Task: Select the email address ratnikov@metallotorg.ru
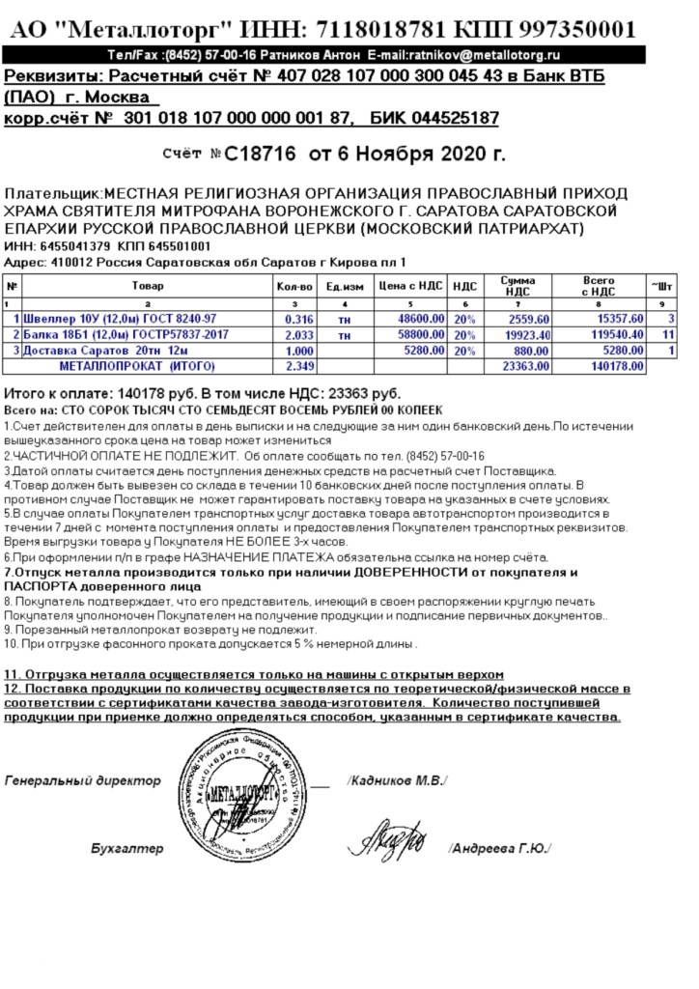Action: click(x=485, y=57)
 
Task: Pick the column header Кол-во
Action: click(x=294, y=286)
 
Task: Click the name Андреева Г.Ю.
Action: click(x=499, y=848)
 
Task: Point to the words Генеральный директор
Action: click(x=82, y=779)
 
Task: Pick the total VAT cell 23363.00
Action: click(x=526, y=366)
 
